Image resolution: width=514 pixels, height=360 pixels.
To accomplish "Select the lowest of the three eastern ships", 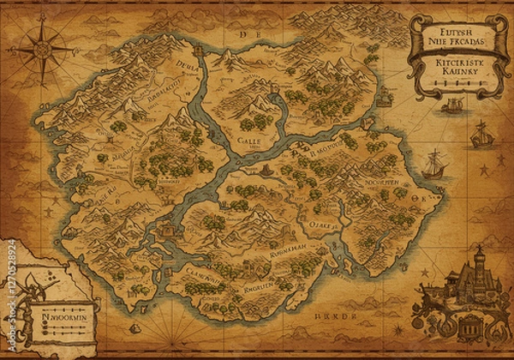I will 436,163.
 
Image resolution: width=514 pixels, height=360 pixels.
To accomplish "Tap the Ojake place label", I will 325,226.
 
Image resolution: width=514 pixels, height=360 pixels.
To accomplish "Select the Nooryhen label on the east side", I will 382,184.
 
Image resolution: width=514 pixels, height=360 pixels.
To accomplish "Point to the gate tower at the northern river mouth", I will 199,51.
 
